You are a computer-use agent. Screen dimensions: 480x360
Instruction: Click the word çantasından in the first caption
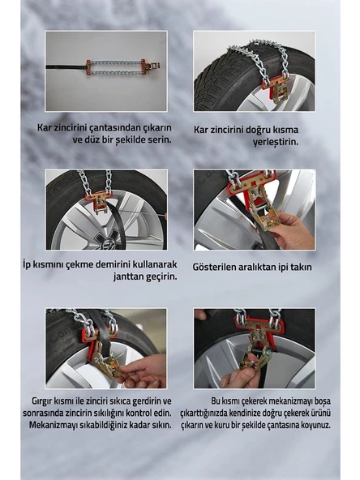pos(114,127)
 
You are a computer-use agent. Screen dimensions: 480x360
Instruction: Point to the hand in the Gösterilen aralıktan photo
pos(290,232)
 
